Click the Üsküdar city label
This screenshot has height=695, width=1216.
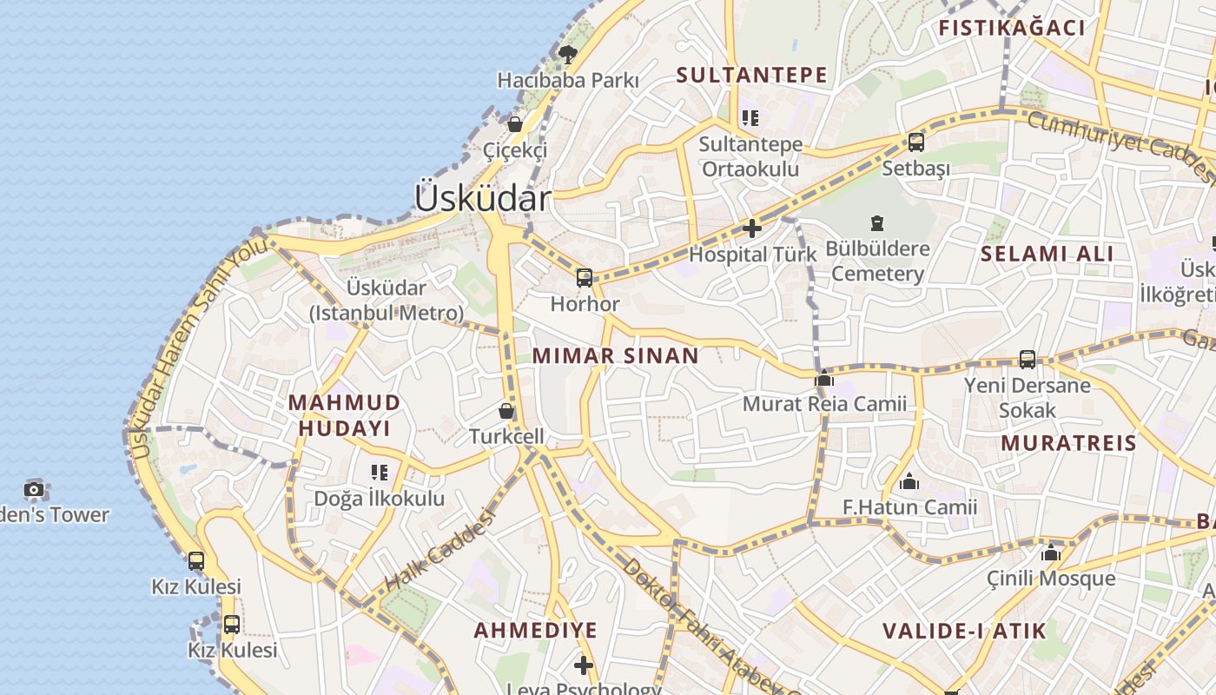(482, 198)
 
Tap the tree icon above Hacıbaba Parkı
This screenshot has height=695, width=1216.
(568, 55)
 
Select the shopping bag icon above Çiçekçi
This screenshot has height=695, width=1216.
(515, 124)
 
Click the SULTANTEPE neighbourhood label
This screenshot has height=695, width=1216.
(752, 75)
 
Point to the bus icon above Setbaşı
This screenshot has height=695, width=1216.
(915, 142)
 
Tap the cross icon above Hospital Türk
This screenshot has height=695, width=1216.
(752, 229)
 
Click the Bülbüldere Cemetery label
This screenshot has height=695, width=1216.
(877, 261)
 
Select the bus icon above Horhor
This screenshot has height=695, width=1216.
(585, 278)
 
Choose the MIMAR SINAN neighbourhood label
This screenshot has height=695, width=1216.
(616, 355)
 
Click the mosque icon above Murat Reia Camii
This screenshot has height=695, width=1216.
(824, 378)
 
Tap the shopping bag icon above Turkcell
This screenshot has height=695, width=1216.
(506, 410)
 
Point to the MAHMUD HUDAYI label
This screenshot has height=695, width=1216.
(345, 415)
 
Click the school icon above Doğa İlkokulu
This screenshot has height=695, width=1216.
(380, 473)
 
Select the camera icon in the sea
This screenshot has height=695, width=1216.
(34, 489)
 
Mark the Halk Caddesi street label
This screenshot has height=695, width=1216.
(439, 551)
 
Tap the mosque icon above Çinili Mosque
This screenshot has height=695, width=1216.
(1051, 553)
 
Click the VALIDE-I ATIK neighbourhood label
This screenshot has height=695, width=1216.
(965, 631)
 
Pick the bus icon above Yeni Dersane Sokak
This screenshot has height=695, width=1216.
(1027, 359)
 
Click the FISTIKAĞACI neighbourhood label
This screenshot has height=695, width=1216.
(1012, 28)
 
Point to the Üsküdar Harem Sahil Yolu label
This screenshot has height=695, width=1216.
(200, 347)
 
